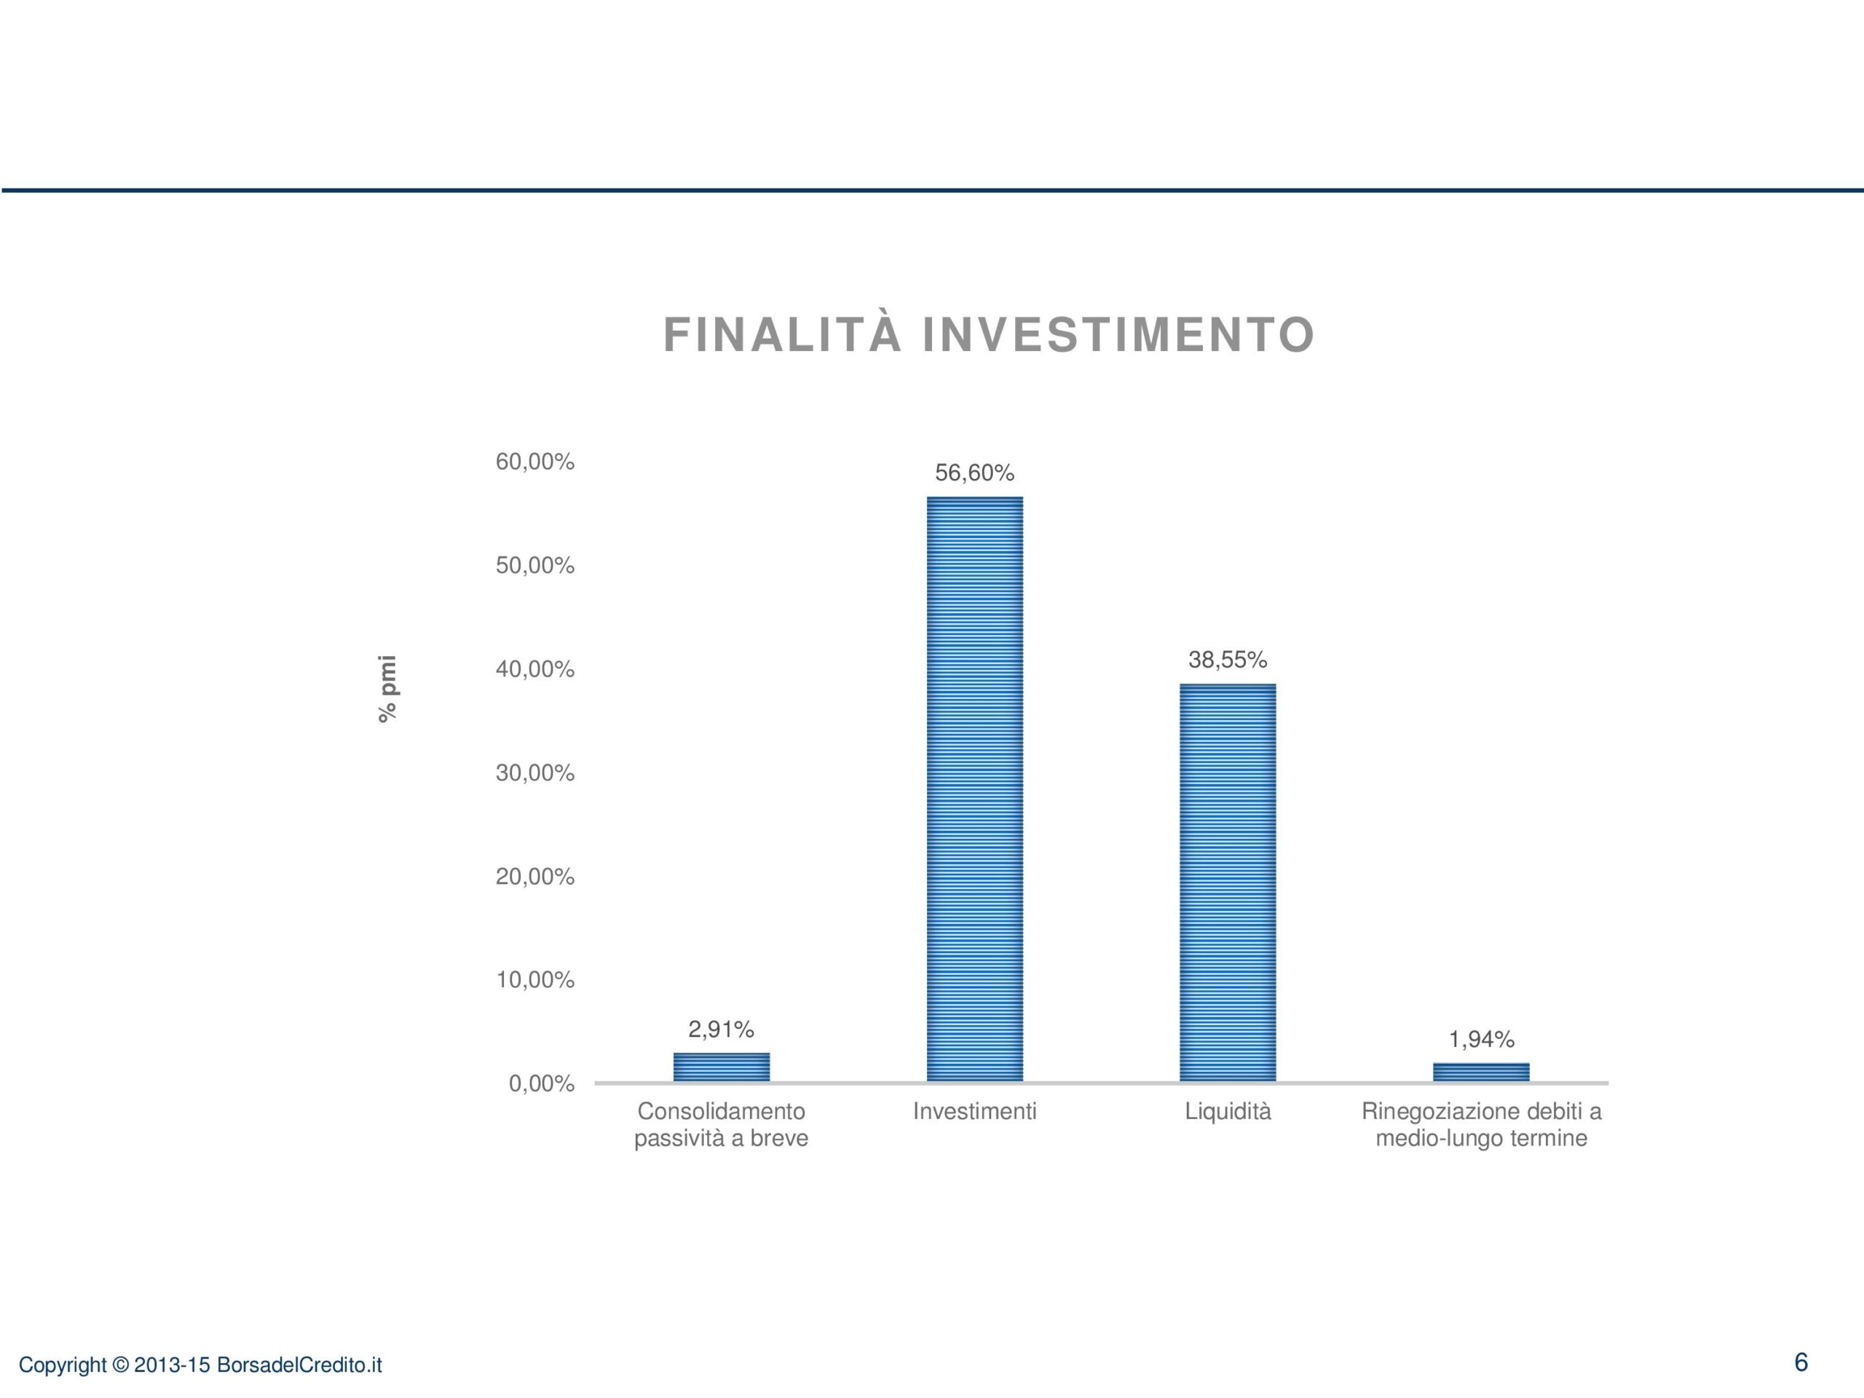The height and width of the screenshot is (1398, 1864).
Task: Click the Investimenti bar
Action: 975,789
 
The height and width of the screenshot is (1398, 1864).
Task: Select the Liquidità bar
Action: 1228,882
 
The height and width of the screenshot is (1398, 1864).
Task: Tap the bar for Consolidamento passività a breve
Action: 722,1067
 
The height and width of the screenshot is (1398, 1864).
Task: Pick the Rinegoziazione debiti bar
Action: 1482,1072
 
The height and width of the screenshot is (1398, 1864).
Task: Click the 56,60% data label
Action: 975,473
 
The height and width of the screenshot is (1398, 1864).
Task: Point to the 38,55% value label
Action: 1228,660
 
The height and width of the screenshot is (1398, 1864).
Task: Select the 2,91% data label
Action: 722,1029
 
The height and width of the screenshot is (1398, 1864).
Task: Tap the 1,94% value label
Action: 1482,1039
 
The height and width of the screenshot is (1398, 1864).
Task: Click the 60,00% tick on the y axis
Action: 535,462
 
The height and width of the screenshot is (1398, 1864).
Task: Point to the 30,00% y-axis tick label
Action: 535,773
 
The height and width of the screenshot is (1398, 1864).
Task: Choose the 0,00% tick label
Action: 542,1083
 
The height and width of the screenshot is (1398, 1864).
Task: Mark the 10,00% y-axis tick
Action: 535,980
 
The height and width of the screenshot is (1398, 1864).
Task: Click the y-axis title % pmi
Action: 387,689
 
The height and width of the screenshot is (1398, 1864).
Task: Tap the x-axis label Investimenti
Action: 975,1112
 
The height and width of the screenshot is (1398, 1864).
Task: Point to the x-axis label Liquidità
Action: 1228,1112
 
